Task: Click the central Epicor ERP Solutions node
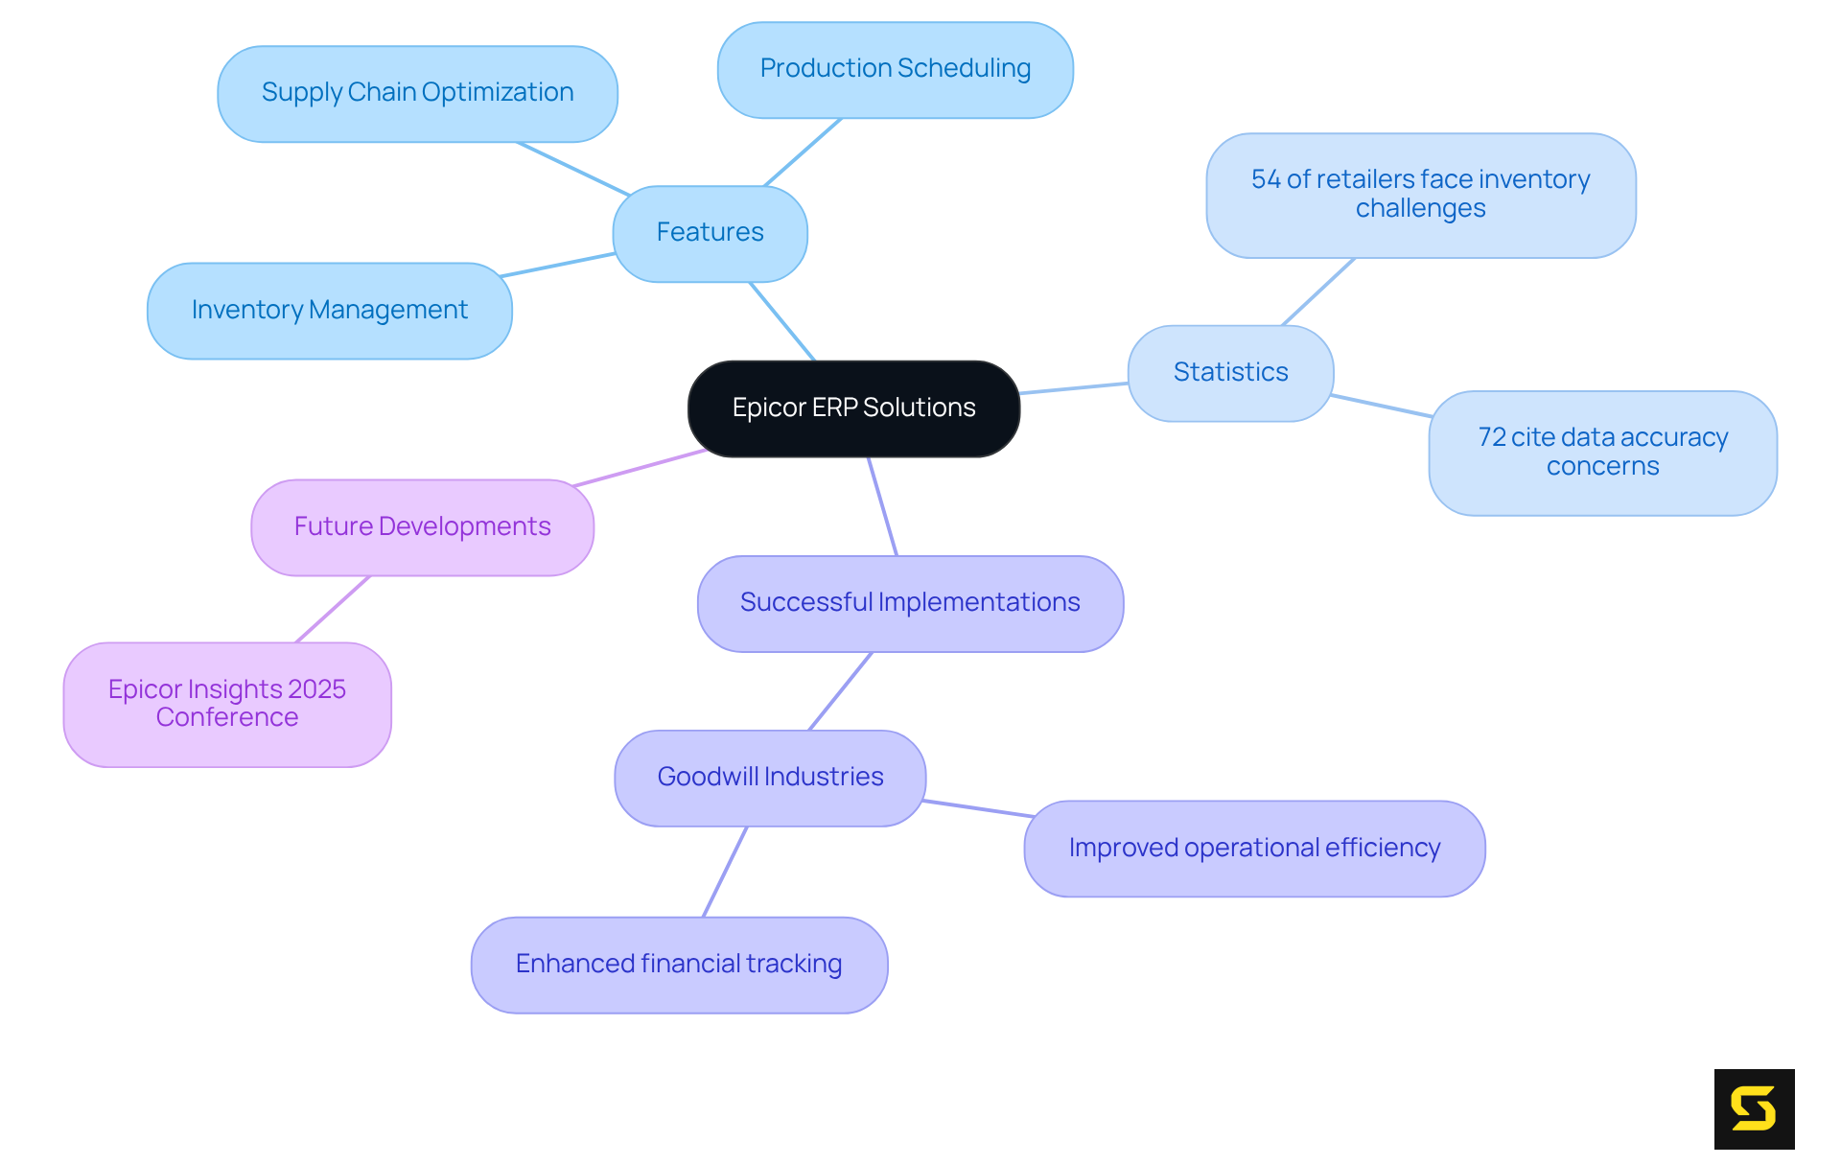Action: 853,408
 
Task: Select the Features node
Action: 710,233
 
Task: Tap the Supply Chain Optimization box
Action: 417,93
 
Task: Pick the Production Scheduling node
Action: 895,69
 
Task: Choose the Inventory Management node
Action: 329,311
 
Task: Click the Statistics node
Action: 1230,373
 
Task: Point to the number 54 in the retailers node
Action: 1266,179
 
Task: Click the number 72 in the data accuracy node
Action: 1492,437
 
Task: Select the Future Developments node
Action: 422,527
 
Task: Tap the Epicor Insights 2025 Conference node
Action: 227,704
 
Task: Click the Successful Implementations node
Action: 910,603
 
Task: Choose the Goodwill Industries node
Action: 770,778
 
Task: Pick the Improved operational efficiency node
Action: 1254,849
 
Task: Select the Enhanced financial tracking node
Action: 679,965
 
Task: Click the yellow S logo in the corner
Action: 1754,1108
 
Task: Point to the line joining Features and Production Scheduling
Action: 804,151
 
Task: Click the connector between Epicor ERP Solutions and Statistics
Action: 1074,388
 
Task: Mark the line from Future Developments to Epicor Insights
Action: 333,610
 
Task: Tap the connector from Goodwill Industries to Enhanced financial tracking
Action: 725,872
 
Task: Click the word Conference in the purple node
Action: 227,718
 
